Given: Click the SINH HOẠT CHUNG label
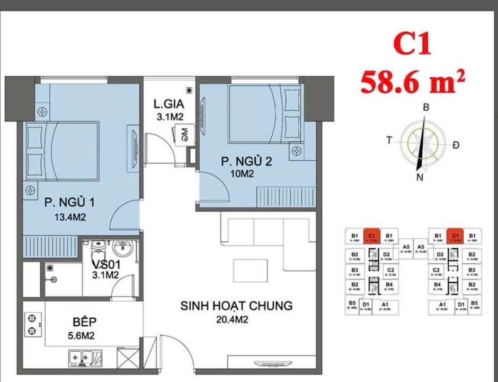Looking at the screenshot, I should click(236, 306).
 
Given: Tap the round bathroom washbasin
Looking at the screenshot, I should click(125, 248).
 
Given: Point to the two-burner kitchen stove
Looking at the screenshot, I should click(33, 325).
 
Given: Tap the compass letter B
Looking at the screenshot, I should click(425, 107).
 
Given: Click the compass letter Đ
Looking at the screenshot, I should click(456, 145).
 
